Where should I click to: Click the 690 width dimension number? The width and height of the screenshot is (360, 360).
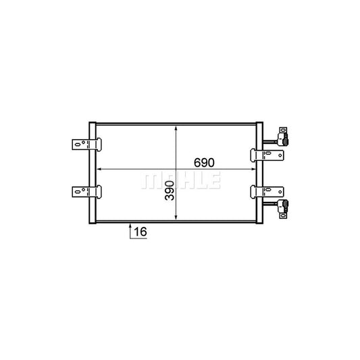[204, 163]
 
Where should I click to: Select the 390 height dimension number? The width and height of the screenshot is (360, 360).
[170, 190]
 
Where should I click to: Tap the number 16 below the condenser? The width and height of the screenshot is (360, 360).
[140, 232]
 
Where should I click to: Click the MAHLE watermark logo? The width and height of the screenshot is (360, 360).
[181, 180]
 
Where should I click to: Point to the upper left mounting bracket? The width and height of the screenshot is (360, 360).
[86, 145]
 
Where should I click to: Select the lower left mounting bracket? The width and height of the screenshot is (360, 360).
[86, 192]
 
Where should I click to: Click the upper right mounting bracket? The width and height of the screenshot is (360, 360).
[267, 155]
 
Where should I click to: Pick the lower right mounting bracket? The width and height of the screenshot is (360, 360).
[267, 192]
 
